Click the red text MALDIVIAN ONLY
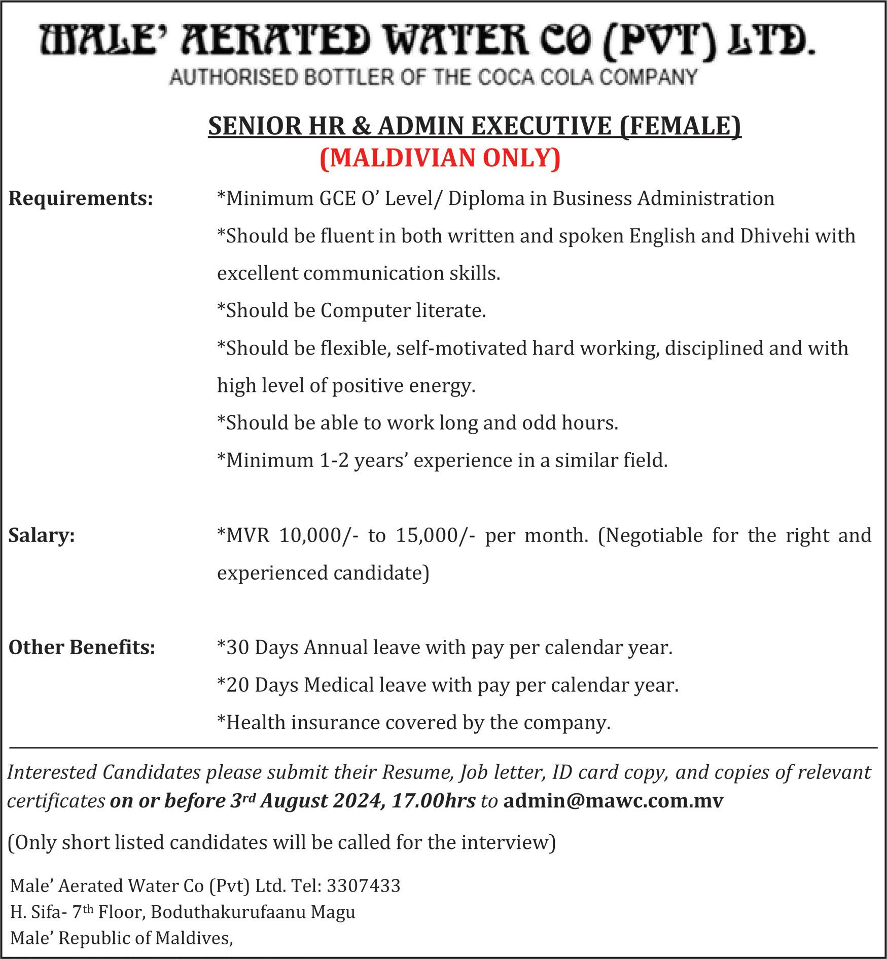click(440, 158)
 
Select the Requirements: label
click(81, 198)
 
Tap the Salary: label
click(42, 536)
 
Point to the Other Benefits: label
click(82, 648)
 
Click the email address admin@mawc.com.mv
click(613, 800)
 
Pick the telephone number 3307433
click(364, 885)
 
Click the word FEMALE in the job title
click(680, 126)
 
